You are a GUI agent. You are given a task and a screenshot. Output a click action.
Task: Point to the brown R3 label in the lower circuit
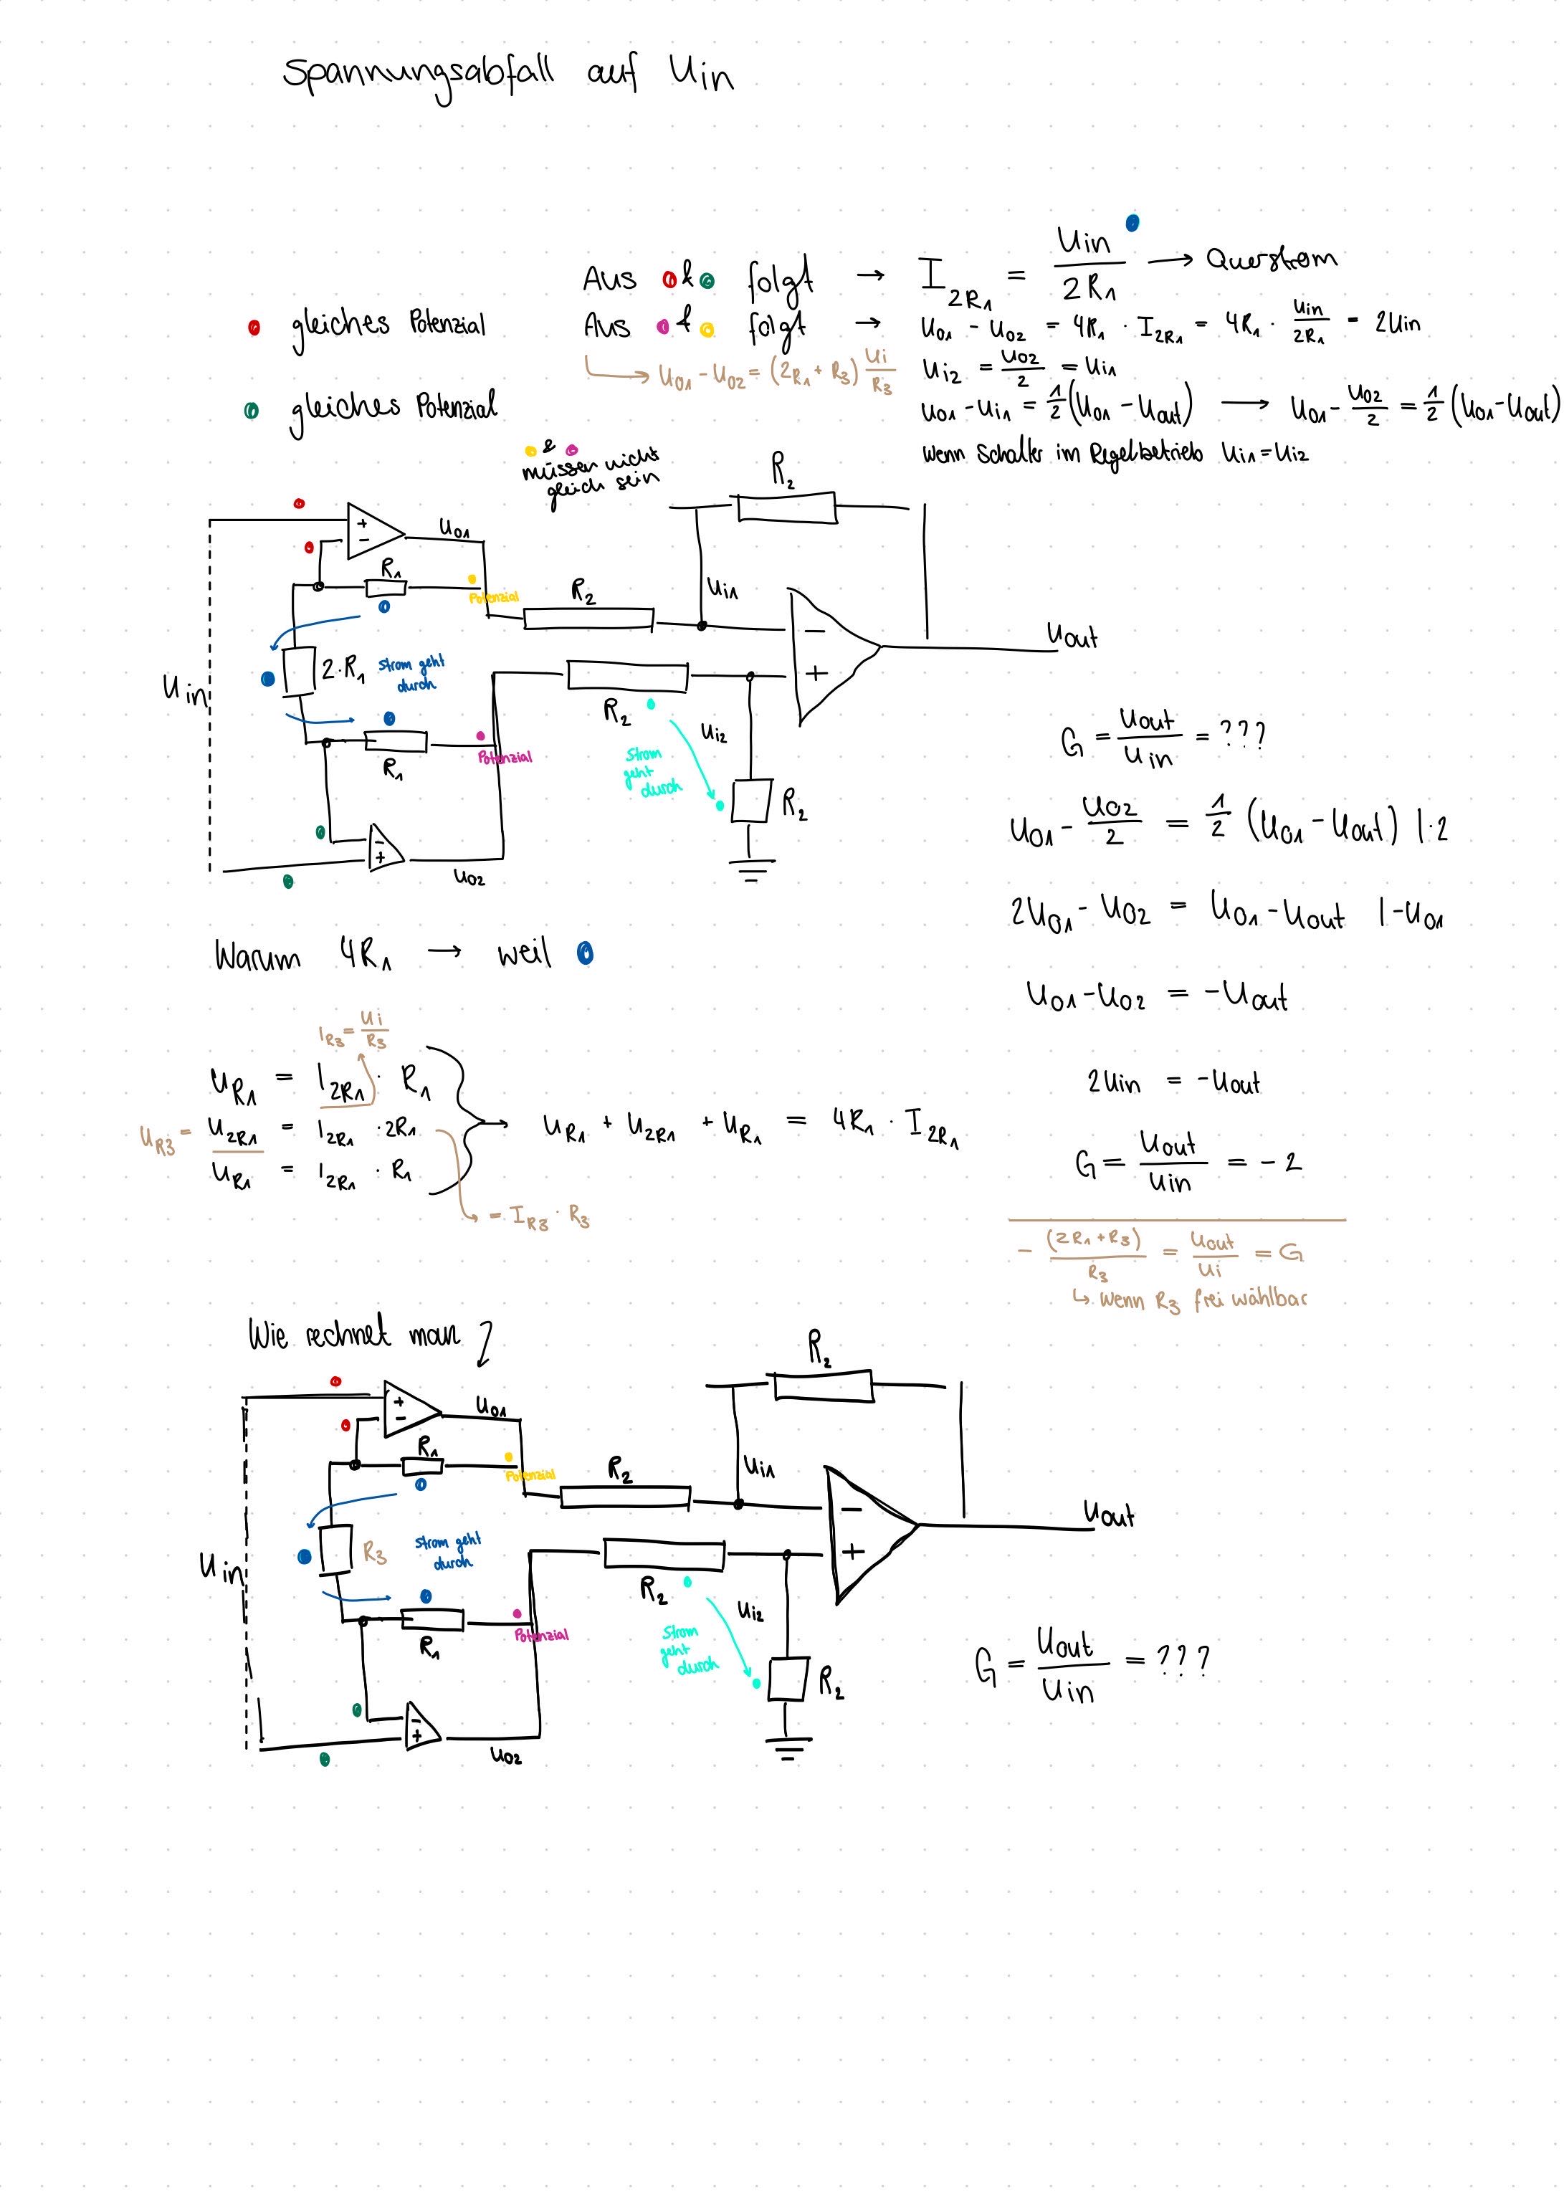pyautogui.click(x=375, y=1552)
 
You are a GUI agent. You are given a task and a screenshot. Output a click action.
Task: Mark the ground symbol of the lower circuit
pyautogui.click(x=788, y=1750)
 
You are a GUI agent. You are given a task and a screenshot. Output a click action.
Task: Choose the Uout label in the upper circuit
pyautogui.click(x=1072, y=636)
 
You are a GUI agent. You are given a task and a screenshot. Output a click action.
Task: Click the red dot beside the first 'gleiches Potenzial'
pyautogui.click(x=254, y=328)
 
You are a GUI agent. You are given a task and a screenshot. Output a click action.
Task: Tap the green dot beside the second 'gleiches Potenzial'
pyautogui.click(x=252, y=411)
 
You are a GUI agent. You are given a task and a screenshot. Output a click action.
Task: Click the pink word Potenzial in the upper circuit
pyautogui.click(x=505, y=757)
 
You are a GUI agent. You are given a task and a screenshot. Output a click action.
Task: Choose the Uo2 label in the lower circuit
pyautogui.click(x=505, y=1756)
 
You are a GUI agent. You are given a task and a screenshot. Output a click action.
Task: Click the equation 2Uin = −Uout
pyautogui.click(x=1173, y=1083)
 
